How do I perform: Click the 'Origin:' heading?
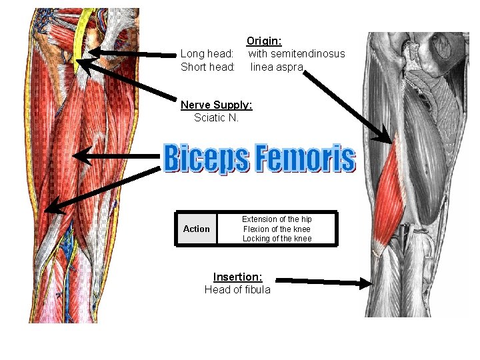click(x=264, y=41)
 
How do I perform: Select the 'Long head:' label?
click(x=207, y=53)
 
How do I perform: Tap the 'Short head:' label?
click(x=207, y=67)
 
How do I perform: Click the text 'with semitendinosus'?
click(x=297, y=53)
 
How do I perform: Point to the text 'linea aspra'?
click(x=277, y=67)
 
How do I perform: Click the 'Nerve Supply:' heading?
click(x=217, y=105)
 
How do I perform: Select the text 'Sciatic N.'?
click(x=216, y=117)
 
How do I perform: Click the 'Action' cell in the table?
click(x=196, y=229)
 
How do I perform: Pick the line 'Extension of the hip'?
click(x=277, y=219)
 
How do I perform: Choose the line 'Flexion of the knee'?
click(x=277, y=229)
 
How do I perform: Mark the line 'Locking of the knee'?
click(x=277, y=239)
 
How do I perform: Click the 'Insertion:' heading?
click(x=237, y=277)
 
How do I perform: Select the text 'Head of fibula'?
click(x=237, y=289)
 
